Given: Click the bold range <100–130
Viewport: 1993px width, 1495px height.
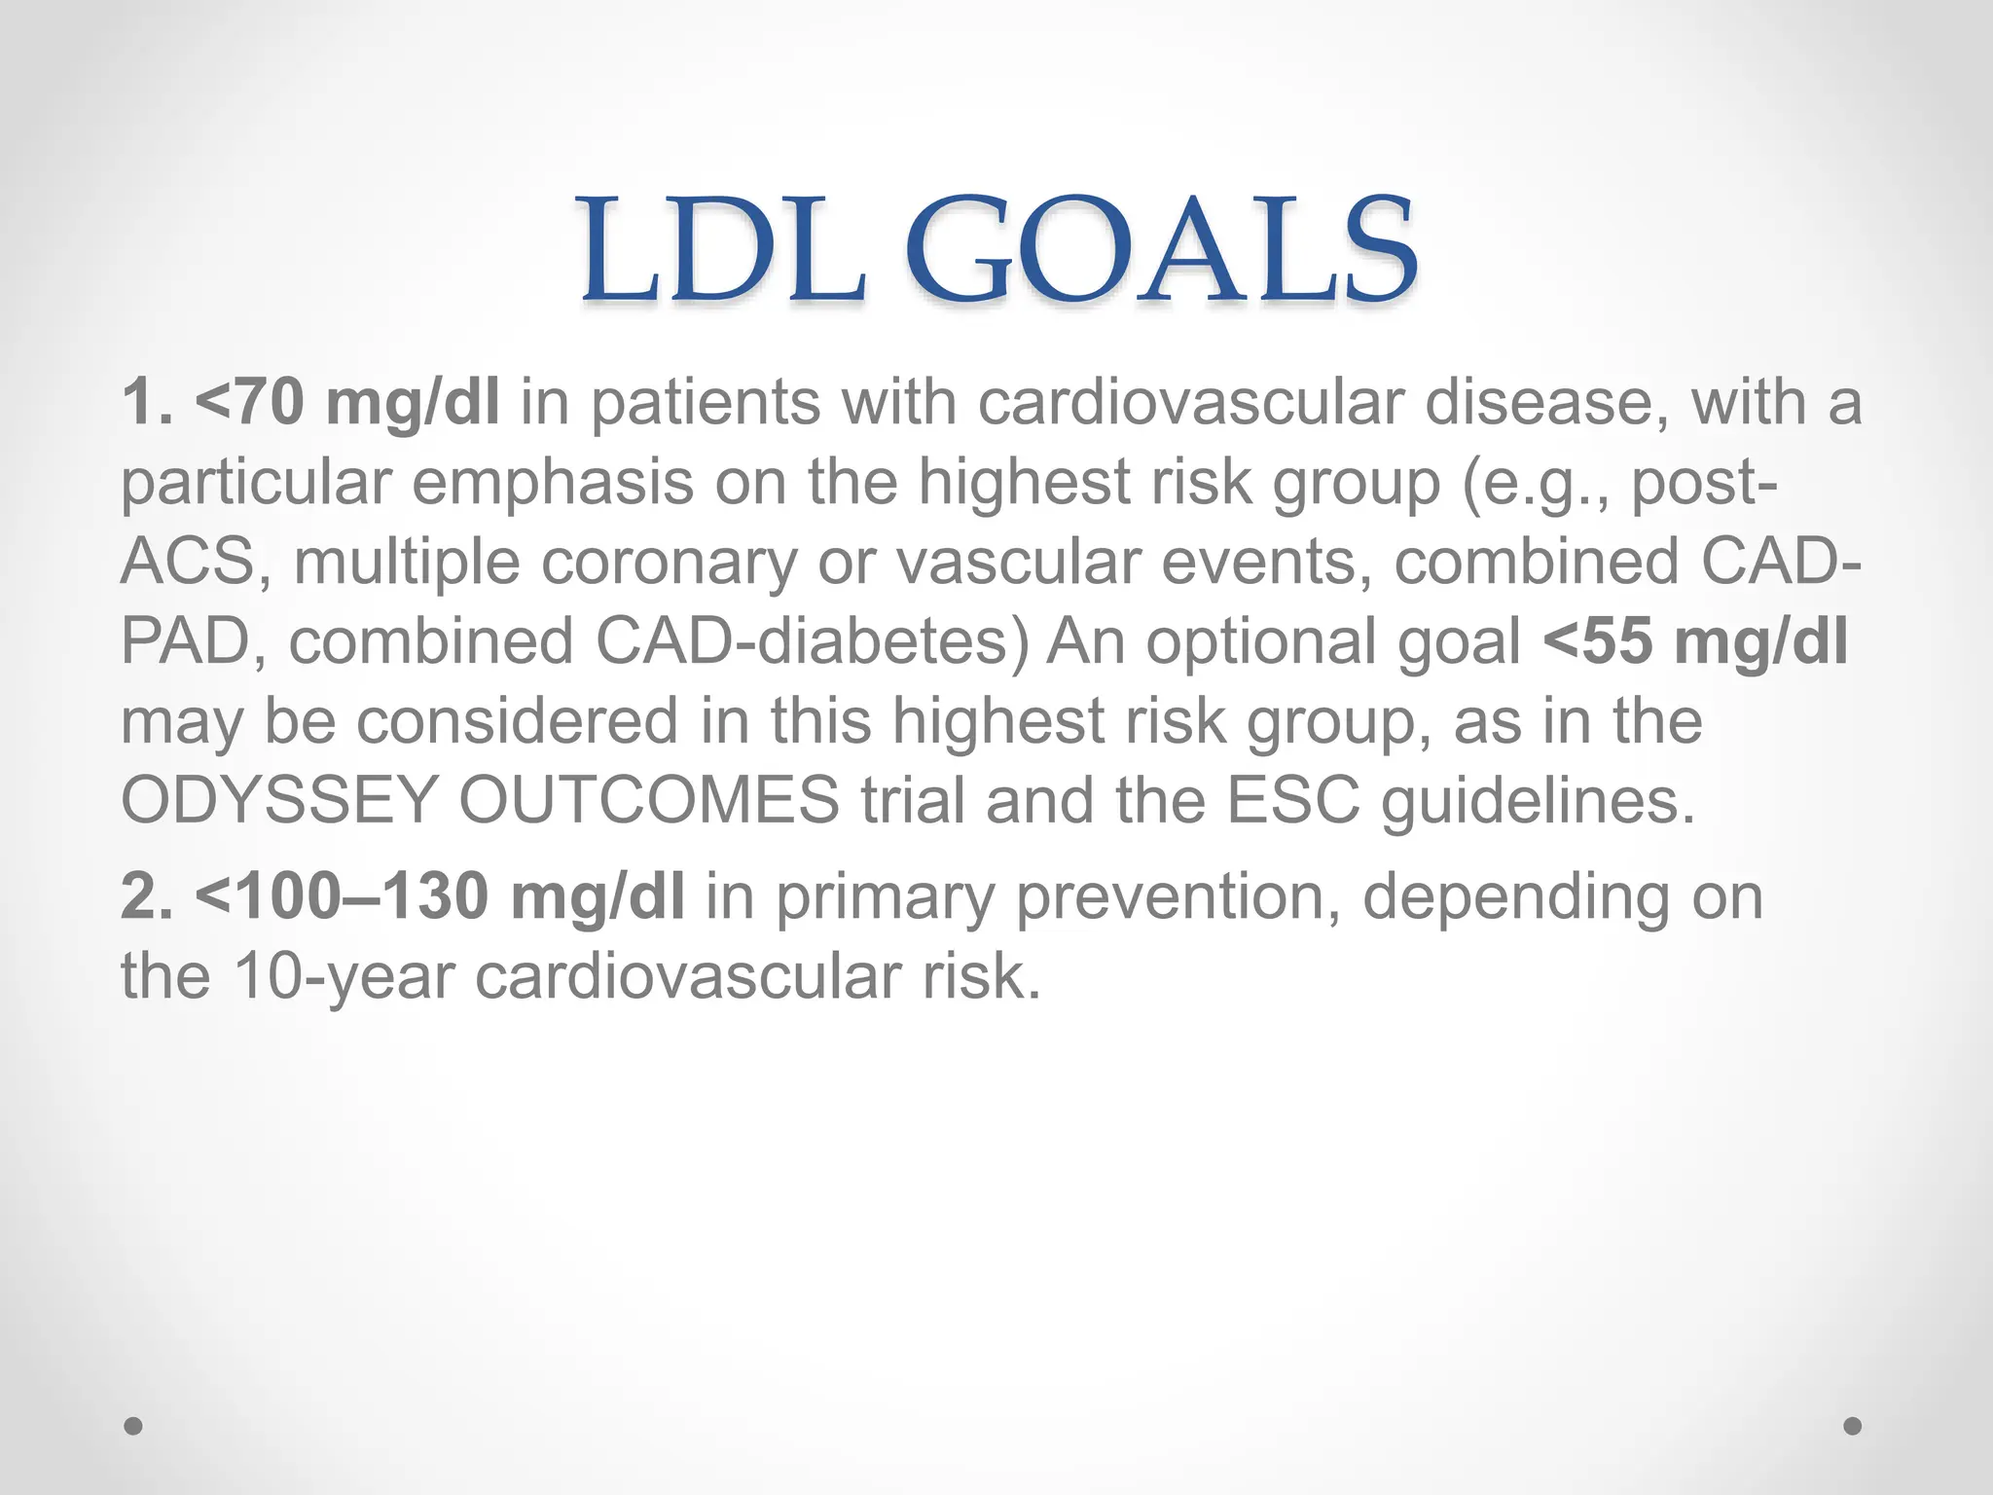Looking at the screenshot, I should pyautogui.click(x=341, y=895).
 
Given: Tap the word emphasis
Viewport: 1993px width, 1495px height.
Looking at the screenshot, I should pyautogui.click(x=552, y=482).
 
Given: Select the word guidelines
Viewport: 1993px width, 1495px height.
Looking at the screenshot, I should pyautogui.click(x=1538, y=800).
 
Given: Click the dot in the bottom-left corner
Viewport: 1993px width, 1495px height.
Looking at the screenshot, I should pyautogui.click(x=133, y=1426).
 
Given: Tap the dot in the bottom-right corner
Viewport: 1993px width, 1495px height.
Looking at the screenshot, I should pyautogui.click(x=1853, y=1426).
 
